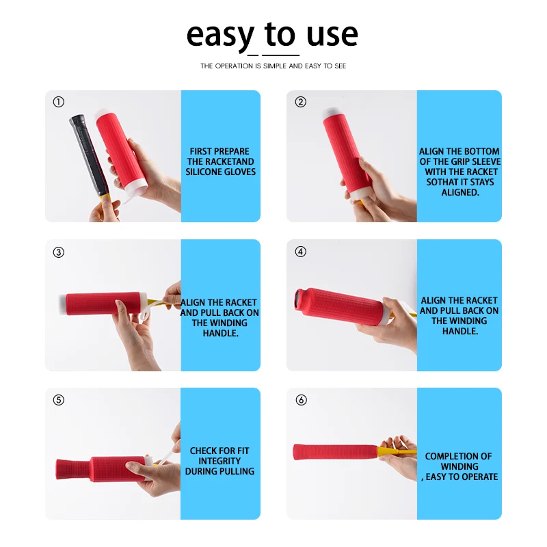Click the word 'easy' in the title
point(220,36)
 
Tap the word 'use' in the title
point(332,36)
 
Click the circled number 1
point(59,102)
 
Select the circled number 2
point(300,102)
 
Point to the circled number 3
point(59,252)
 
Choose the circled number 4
point(300,252)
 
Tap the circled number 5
point(59,400)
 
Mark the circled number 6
point(301,400)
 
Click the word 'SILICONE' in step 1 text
point(204,172)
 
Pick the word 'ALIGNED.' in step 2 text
point(460,193)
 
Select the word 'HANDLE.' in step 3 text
point(220,334)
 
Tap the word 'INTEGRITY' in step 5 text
point(219,461)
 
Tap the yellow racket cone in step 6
point(388,451)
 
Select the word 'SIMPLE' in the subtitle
point(275,66)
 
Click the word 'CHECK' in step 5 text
point(202,451)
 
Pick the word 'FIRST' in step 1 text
point(201,152)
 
